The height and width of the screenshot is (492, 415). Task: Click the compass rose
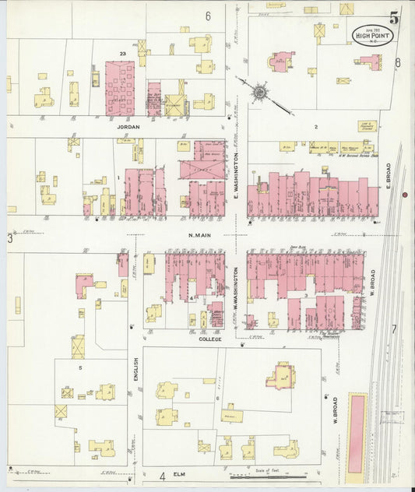coord(258,91)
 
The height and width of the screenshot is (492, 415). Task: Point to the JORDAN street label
coord(129,126)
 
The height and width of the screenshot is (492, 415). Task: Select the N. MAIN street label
coord(202,234)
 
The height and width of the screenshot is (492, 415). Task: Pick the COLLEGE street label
coord(211,339)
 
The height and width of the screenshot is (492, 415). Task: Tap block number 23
coord(122,53)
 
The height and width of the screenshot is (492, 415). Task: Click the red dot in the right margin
coord(404,195)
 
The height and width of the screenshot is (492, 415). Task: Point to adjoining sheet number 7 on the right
coord(394,329)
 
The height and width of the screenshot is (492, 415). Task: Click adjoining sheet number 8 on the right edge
coord(397,62)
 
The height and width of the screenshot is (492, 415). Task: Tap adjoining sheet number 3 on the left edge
coord(11,238)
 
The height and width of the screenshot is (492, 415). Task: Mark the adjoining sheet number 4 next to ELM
coord(163,476)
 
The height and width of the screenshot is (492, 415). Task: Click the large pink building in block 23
coord(119,88)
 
